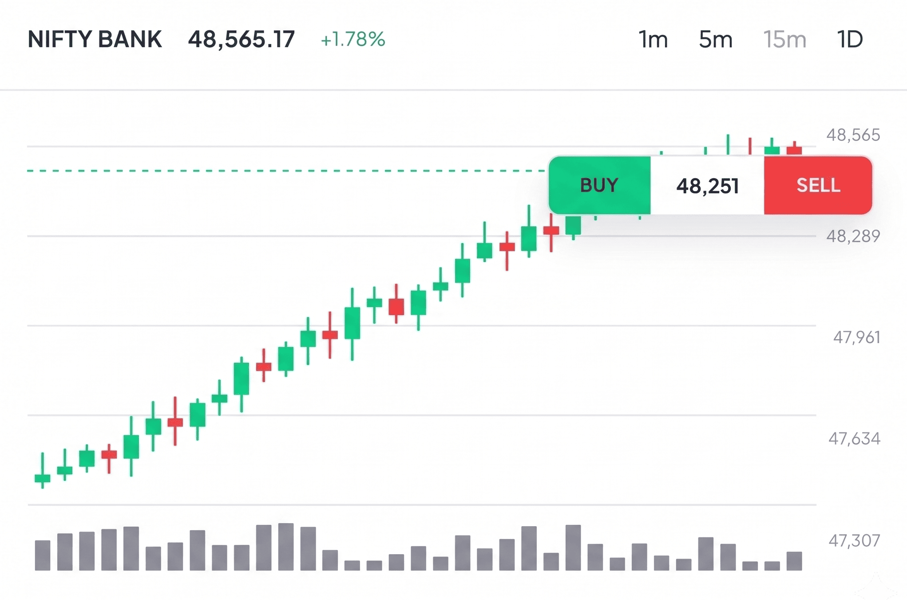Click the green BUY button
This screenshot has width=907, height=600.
coord(599,185)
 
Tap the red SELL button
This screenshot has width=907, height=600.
coord(818,185)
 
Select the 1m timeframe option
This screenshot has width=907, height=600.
coord(653,40)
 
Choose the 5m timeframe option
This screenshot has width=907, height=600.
coord(715,40)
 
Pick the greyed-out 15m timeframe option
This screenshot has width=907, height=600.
coord(784,40)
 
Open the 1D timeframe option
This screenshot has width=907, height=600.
coord(850,40)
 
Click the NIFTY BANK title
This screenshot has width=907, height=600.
coord(95,39)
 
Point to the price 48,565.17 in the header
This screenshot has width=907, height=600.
coord(242,40)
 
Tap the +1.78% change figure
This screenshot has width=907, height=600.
coord(353,40)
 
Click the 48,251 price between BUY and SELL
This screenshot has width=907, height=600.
coord(707,186)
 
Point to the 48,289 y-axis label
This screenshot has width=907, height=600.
coord(853,236)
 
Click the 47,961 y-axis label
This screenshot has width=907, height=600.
coord(856,337)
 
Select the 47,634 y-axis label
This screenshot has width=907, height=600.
coord(854,439)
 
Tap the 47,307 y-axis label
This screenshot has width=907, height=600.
coord(854,540)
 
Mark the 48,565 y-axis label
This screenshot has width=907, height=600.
coord(853,135)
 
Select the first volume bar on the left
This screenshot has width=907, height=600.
coord(43,555)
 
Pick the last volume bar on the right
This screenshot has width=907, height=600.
coord(794,561)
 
